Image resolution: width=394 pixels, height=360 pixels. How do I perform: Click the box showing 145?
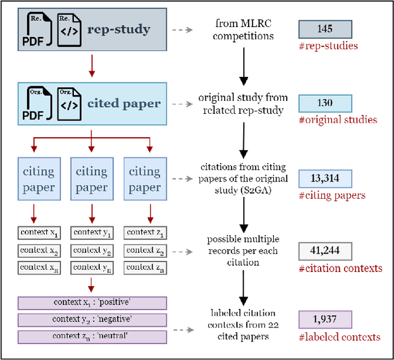pyautogui.click(x=324, y=29)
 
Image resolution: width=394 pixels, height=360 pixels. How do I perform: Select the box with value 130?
pyautogui.click(x=324, y=103)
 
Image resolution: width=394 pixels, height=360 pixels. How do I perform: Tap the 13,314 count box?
pyautogui.click(x=324, y=178)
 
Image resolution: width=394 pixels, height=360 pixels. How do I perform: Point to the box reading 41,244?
pyautogui.click(x=324, y=251)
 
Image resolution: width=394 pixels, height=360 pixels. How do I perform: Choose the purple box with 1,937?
pyautogui.click(x=324, y=319)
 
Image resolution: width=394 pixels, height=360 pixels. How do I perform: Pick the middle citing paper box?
pyautogui.click(x=91, y=179)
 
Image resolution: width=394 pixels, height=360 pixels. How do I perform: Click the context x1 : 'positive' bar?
pyautogui.click(x=91, y=303)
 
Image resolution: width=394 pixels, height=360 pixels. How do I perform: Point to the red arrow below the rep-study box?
pyautogui.click(x=91, y=65)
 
